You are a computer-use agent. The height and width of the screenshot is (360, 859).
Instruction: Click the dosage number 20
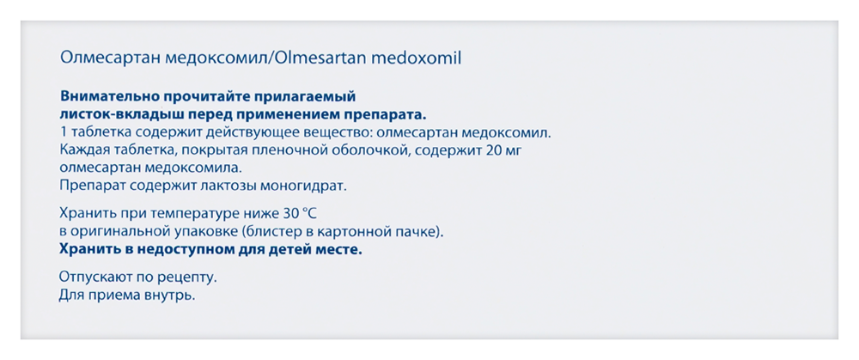[486, 150]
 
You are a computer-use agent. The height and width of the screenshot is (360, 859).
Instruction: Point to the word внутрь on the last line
[172, 296]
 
